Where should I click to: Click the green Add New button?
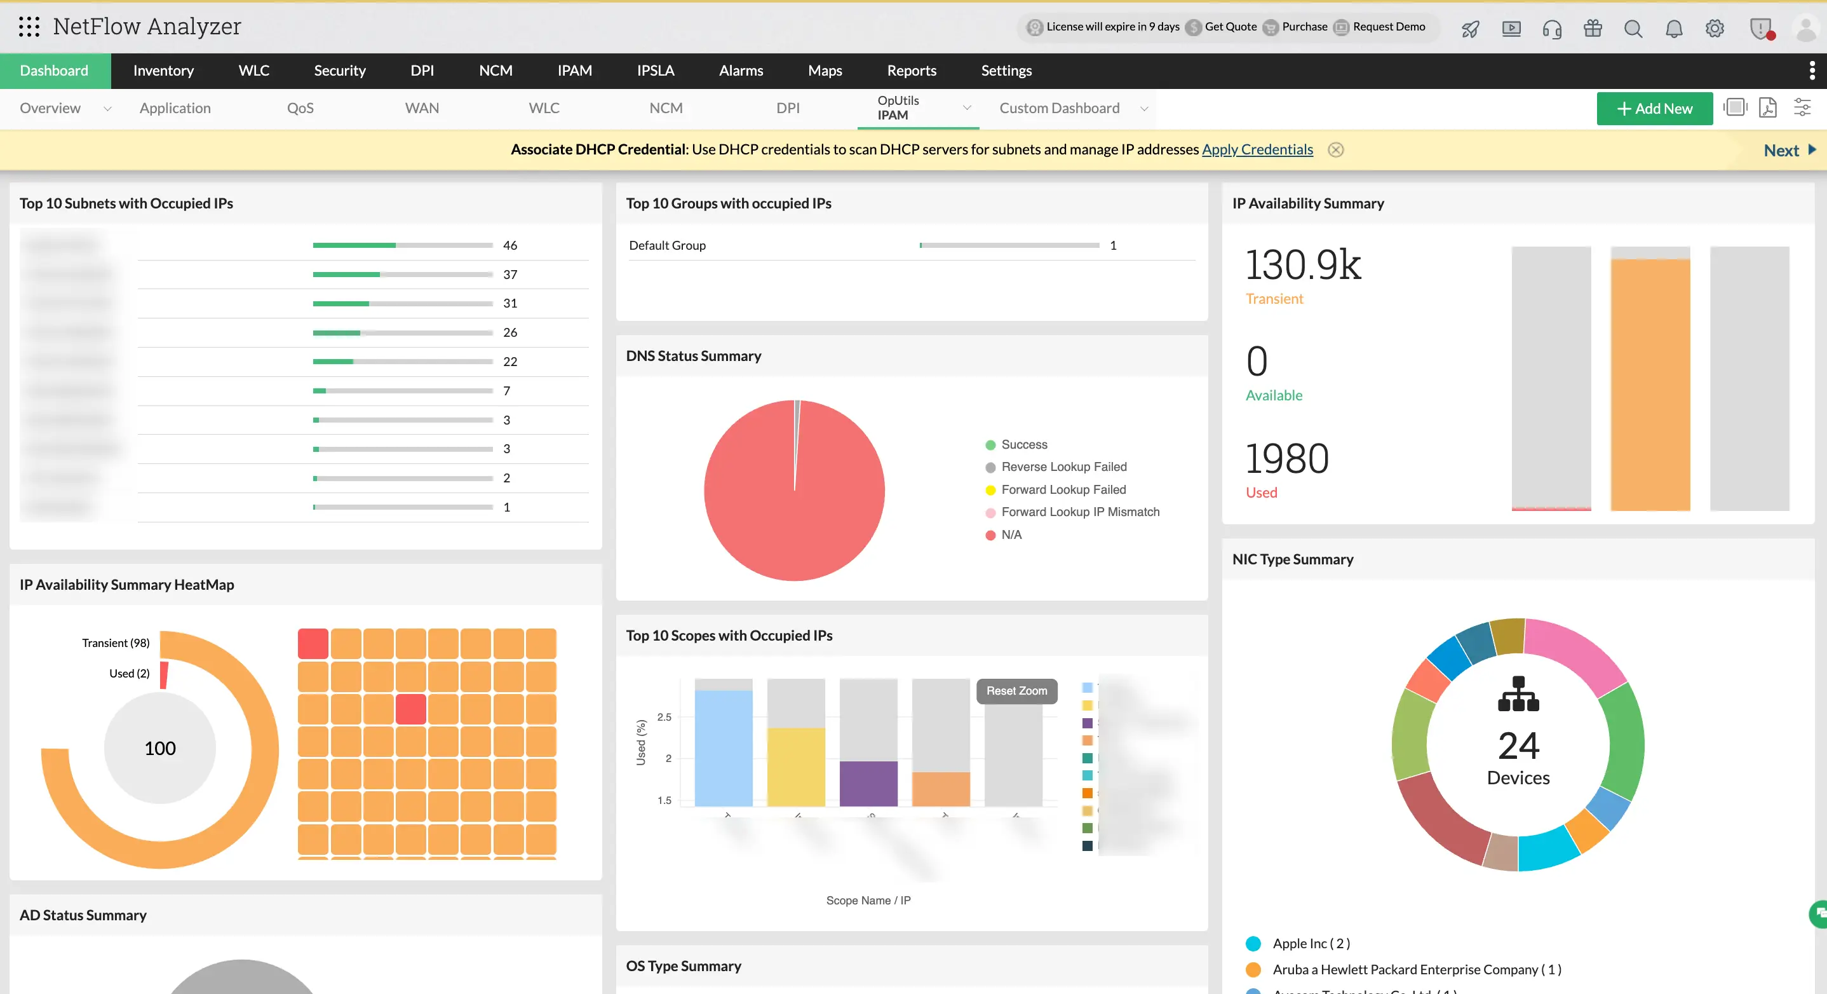tap(1654, 109)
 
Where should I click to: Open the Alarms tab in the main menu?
tap(741, 71)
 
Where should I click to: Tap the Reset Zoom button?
tap(1016, 690)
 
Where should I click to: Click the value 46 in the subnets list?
tap(509, 245)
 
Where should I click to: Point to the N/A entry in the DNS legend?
tap(1011, 534)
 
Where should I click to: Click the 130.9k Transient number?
tap(1303, 266)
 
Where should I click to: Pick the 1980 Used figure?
tap(1286, 458)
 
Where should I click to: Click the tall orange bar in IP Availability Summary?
tap(1650, 384)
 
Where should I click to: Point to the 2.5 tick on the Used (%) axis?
tap(664, 717)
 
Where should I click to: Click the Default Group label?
tap(666, 245)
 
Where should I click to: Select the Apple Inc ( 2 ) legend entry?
tap(1311, 943)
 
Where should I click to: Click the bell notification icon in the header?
tap(1673, 29)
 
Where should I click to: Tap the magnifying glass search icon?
tap(1633, 29)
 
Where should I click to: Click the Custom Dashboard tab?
tap(1059, 109)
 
